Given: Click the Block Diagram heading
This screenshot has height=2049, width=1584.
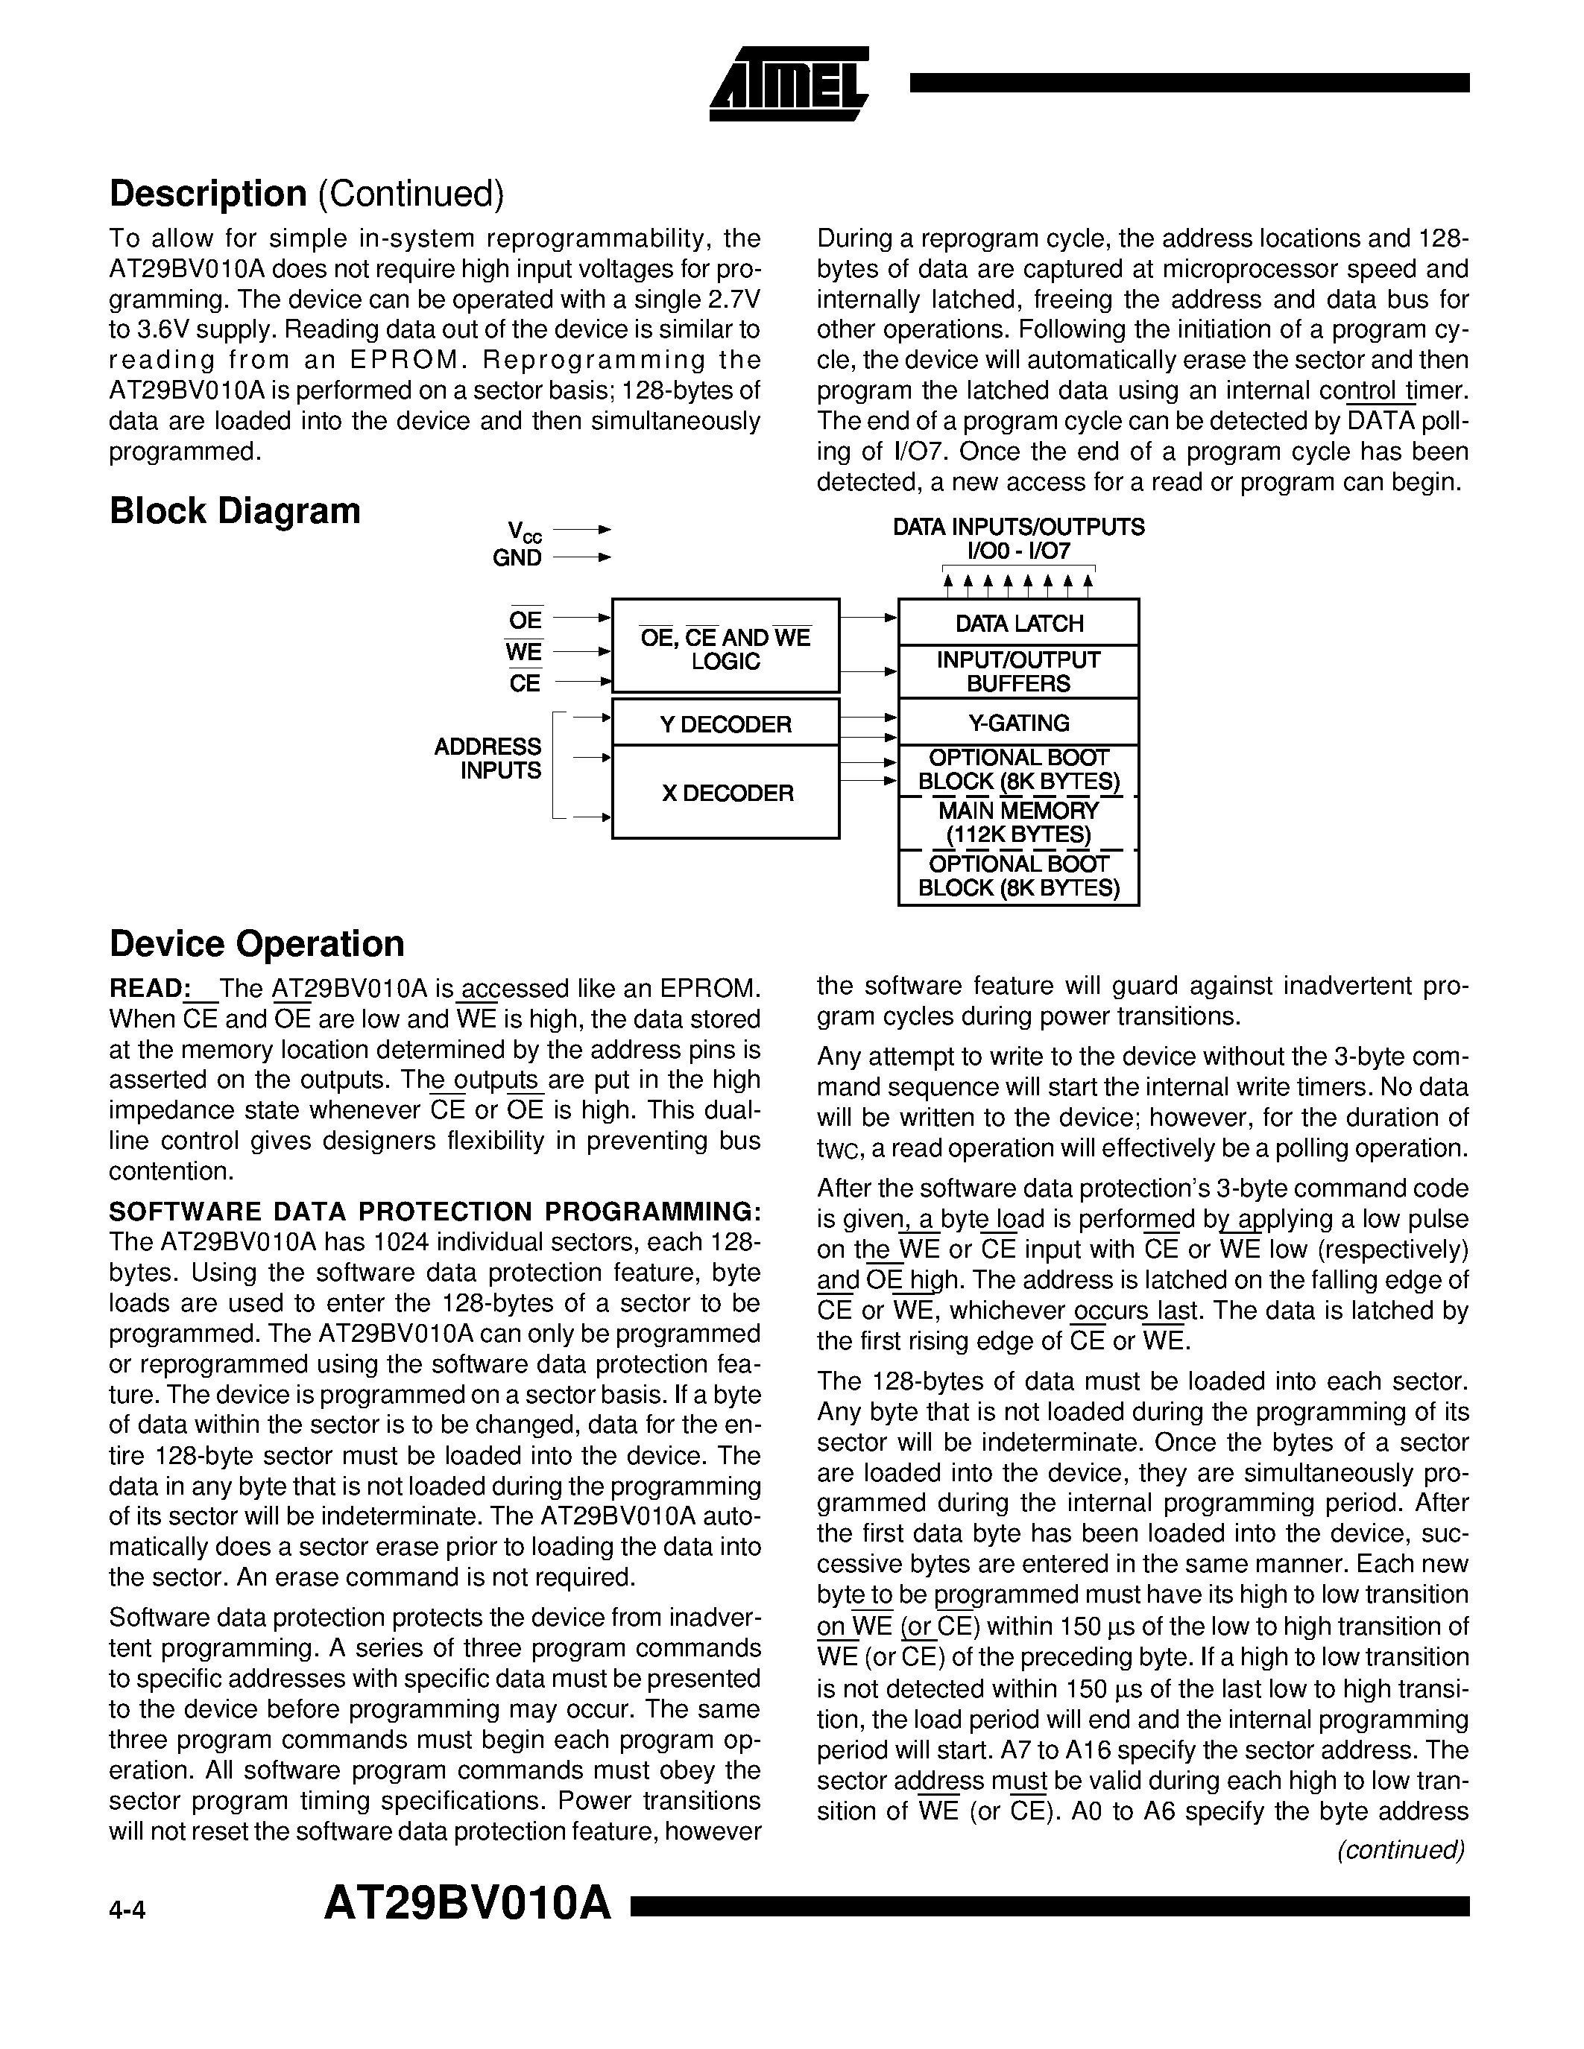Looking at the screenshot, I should [x=235, y=511].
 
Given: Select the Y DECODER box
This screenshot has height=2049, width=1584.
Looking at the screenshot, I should [x=725, y=723].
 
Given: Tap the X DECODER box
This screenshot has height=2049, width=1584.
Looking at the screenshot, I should [x=725, y=793].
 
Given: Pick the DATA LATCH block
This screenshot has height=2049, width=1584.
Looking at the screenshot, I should [x=1018, y=623].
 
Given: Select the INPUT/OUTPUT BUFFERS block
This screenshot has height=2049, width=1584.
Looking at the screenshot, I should [x=1018, y=672].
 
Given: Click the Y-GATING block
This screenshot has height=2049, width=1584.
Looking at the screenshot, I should [x=1018, y=723].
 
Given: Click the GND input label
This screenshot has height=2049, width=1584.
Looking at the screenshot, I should [x=517, y=558].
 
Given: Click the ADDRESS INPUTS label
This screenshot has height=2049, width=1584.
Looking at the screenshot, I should [x=488, y=758].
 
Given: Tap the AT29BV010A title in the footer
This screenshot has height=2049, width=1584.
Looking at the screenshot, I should [x=467, y=1905].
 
